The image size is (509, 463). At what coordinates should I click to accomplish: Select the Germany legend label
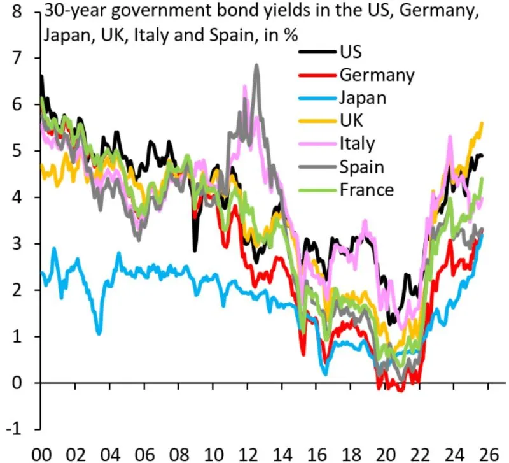tap(376, 75)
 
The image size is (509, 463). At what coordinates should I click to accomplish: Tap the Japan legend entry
tap(363, 97)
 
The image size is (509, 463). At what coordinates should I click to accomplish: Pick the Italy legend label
tap(357, 143)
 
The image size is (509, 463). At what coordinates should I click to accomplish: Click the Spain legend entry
tap(361, 166)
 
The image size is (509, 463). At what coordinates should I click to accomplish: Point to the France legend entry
tap(366, 189)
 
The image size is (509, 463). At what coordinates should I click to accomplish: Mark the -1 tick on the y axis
tap(20, 430)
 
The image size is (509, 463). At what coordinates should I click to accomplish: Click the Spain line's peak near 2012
tap(256, 66)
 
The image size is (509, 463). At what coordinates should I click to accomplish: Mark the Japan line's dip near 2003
tap(99, 332)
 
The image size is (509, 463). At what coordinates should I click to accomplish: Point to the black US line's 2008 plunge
tap(195, 250)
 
